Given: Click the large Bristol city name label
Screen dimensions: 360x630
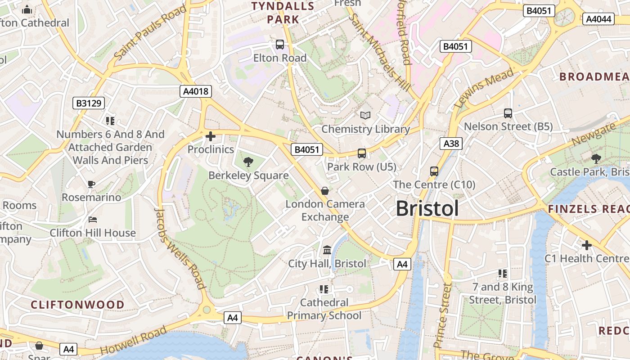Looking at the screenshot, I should point(427,209).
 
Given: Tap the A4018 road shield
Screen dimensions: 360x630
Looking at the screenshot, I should point(196,91).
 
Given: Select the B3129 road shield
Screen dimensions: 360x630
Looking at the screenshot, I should point(89,103).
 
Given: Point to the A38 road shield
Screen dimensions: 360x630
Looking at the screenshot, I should point(451,144).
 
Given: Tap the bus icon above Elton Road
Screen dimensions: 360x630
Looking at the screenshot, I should point(280,45).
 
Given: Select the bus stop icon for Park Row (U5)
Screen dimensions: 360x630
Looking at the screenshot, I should point(362,153).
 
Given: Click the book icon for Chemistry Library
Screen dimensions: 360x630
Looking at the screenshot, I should point(365,116).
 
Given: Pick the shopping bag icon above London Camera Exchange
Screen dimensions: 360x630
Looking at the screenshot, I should point(325,191).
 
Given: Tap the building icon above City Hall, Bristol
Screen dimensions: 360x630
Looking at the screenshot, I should point(327,250).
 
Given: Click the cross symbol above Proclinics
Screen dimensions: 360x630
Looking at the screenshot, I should point(210,136).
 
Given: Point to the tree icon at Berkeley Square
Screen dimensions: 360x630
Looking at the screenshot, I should point(248,162).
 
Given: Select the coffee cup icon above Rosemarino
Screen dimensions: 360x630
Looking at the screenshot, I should point(91,184).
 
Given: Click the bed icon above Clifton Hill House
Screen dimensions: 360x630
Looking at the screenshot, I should point(93,220).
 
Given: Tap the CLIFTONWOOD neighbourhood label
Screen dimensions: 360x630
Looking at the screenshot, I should point(77,305).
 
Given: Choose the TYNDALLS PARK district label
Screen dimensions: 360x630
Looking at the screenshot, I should point(283,13).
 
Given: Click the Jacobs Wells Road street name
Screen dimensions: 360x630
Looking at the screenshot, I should point(180,248).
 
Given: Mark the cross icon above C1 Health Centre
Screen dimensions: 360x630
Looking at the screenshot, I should point(586,245).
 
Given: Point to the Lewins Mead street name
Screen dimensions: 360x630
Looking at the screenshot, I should point(484,88).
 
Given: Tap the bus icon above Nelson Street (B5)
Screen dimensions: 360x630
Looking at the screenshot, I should point(508,113).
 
